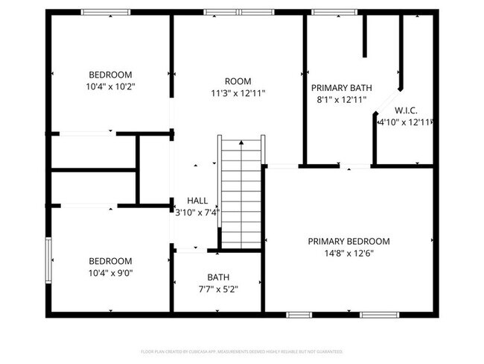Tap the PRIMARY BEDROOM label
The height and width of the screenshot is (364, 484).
(348, 241)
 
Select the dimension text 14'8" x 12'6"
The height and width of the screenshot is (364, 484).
(348, 253)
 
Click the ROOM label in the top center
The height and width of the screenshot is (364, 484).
(238, 81)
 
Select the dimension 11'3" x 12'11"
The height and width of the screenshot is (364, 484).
(238, 93)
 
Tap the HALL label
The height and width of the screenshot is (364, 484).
(197, 201)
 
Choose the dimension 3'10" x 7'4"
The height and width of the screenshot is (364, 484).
(197, 213)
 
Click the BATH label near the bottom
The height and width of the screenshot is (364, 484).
(218, 277)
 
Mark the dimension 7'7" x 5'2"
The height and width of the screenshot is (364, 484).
(218, 289)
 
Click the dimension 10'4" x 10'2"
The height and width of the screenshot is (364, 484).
(110, 87)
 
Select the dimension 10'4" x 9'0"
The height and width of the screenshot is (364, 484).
(110, 273)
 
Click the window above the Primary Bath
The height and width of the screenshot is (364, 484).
(326, 12)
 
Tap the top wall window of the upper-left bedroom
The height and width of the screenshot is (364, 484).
(102, 12)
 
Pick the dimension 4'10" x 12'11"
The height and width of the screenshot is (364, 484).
(406, 122)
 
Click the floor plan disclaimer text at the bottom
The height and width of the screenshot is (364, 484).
(241, 351)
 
